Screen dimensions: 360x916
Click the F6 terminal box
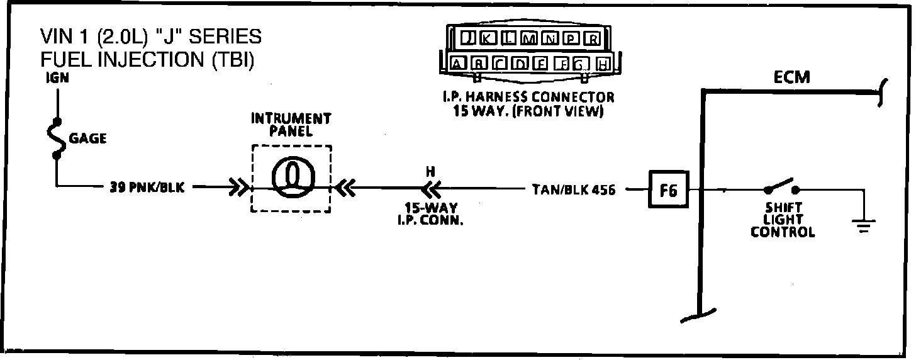pos(668,189)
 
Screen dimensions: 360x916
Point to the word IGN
pos(57,79)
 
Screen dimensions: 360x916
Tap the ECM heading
pos(791,77)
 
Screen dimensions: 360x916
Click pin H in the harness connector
pos(603,63)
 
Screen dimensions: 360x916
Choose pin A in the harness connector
pos(458,63)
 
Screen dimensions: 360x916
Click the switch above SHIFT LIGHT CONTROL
pos(780,187)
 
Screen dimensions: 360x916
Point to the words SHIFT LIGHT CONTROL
pos(783,220)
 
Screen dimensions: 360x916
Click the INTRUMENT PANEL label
pos(291,125)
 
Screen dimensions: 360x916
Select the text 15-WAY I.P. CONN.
pos(431,214)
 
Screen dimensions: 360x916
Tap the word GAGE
pos(87,138)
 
